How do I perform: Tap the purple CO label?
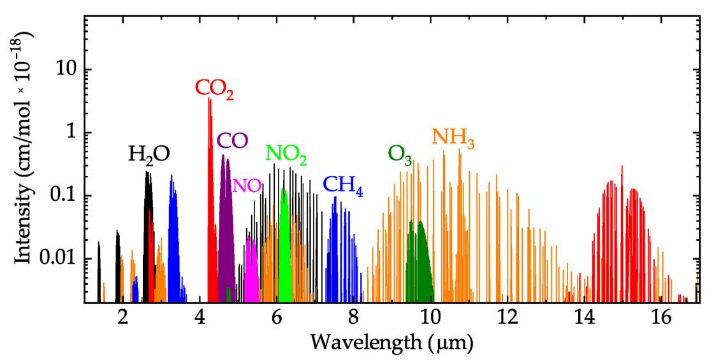click(232, 140)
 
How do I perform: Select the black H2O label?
click(149, 155)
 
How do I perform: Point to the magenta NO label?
click(247, 185)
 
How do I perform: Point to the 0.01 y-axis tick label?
click(58, 258)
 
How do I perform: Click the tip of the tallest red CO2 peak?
click(210, 99)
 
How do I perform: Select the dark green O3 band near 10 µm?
click(420, 266)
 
